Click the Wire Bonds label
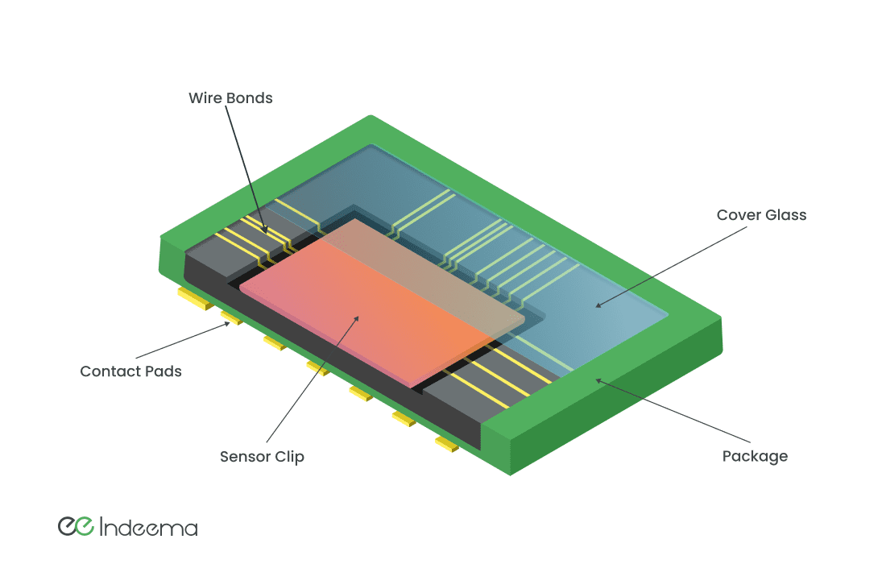230,98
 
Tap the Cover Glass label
761,215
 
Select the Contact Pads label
130,371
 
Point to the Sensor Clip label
262,457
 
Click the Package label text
755,456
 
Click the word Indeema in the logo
149,528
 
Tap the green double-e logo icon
77,525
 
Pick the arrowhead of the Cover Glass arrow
596,305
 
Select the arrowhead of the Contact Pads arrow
229,325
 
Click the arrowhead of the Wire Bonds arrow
267,231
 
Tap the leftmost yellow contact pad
193,299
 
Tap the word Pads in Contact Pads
165,371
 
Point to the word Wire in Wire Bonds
204,98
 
